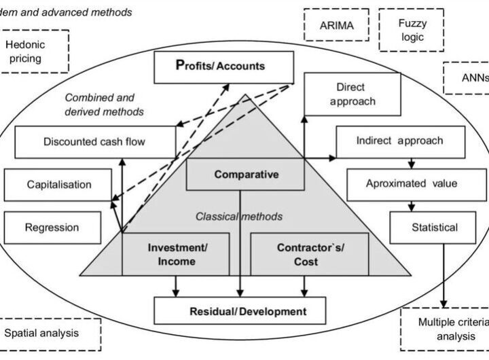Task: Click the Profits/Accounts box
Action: coord(220,67)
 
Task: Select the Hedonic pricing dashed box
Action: coord(35,50)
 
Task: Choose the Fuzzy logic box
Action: coord(412,29)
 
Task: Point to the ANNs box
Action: coord(469,77)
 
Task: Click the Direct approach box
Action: coord(350,95)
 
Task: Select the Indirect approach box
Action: coord(399,141)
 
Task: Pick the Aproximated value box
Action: coord(411,183)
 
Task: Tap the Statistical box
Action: coord(434,227)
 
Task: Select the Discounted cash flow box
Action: coord(94,142)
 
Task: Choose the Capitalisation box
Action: coord(59,184)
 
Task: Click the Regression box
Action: coord(52,228)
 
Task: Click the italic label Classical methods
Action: coord(238,217)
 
